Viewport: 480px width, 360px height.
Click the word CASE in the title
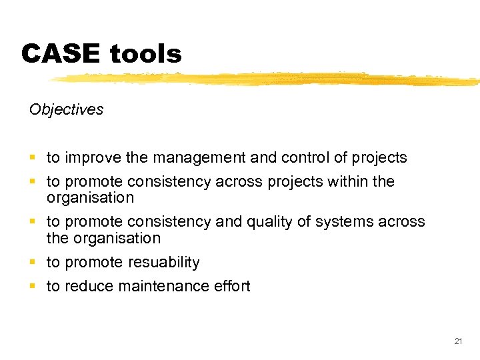[x=60, y=54]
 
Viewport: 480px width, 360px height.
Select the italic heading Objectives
[x=67, y=109]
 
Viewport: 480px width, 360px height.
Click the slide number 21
[x=458, y=341]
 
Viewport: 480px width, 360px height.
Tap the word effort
[x=232, y=286]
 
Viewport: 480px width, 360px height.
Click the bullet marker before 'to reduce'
[x=33, y=287]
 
